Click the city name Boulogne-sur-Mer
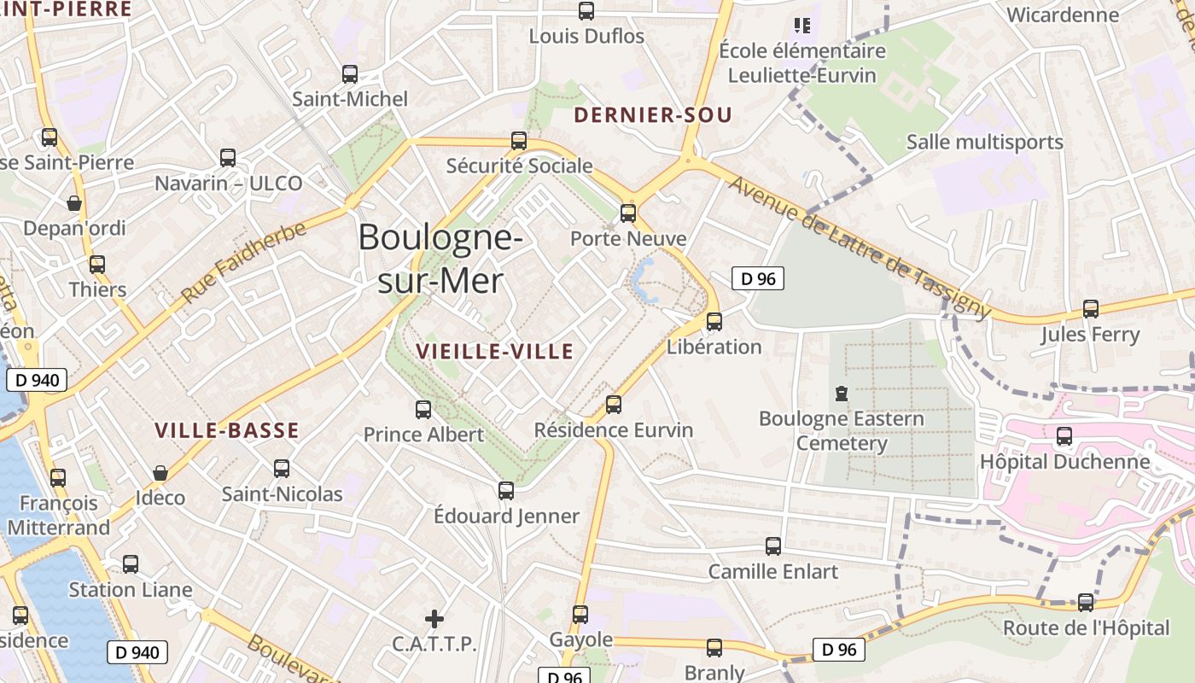click(x=440, y=258)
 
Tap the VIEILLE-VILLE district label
click(x=494, y=351)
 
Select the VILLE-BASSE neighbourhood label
click(x=227, y=430)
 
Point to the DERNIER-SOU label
click(x=653, y=115)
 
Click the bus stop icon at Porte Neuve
click(x=628, y=213)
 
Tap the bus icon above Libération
click(x=714, y=322)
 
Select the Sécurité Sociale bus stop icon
click(x=519, y=141)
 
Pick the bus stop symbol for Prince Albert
click(x=423, y=410)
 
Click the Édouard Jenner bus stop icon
click(x=506, y=491)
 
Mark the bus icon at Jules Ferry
click(x=1091, y=309)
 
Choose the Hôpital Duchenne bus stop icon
click(x=1064, y=436)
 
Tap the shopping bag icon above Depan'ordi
click(x=74, y=203)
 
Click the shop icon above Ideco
click(x=160, y=473)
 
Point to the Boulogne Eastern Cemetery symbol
click(x=842, y=394)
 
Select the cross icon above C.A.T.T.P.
click(x=434, y=618)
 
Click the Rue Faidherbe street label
click(x=243, y=262)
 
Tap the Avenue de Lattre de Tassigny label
click(x=859, y=248)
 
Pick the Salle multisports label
click(x=984, y=142)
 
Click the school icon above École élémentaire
click(x=802, y=26)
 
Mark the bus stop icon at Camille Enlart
click(x=773, y=546)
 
